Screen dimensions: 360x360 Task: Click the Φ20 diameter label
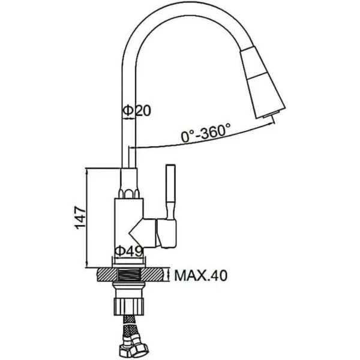[137, 110]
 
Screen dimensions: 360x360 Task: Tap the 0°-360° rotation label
[205, 133]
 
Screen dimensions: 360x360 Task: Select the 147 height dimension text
[80, 217]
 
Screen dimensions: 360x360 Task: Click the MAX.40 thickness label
[201, 275]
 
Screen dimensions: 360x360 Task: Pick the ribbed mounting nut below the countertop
[129, 306]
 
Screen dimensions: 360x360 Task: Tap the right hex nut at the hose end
[141, 350]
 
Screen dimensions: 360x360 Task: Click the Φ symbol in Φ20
[128, 110]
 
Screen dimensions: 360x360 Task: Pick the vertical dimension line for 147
[87, 218]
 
